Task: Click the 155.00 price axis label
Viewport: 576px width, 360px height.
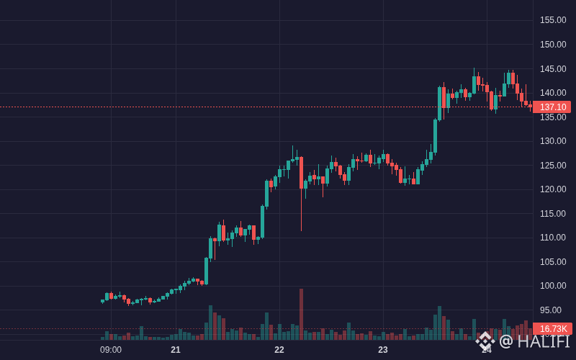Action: coord(553,20)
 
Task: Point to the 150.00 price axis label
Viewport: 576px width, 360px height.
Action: coord(553,45)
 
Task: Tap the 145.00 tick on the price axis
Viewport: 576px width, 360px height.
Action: coord(553,68)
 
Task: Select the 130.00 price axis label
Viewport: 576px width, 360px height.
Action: coord(553,141)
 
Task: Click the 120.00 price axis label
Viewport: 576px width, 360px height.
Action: coord(553,189)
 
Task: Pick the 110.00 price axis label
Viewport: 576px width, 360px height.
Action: coord(553,238)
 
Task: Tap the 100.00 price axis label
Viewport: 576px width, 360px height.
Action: coord(553,286)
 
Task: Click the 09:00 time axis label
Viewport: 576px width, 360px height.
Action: coord(111,350)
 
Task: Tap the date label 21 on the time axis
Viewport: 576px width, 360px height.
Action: coord(176,350)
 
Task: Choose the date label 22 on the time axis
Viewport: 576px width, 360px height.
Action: coord(279,350)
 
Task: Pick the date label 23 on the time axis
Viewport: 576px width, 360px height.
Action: coord(383,350)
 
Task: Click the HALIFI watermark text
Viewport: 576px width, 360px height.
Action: coord(544,341)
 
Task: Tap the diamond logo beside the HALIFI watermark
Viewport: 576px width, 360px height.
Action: coord(485,341)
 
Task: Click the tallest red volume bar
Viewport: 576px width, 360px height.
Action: coord(301,315)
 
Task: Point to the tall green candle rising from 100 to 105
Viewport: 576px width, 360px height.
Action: coord(207,271)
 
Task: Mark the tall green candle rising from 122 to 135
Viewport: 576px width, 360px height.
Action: coord(436,136)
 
